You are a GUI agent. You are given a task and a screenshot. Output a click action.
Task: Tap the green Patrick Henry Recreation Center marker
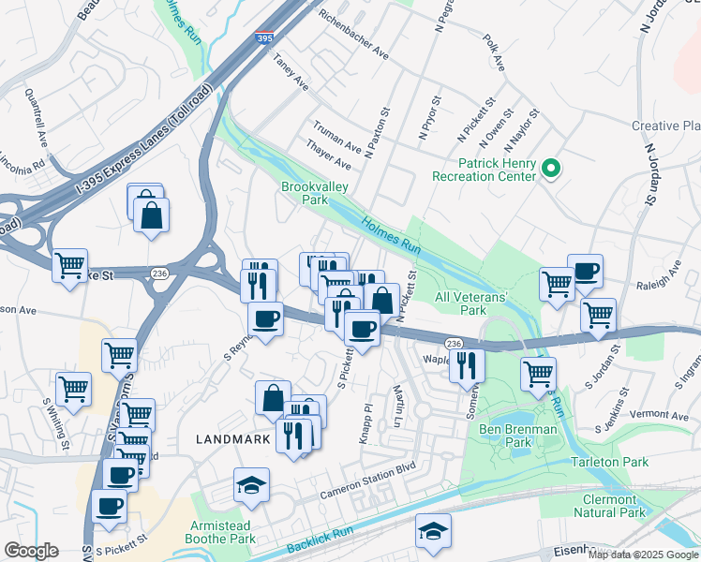point(551,170)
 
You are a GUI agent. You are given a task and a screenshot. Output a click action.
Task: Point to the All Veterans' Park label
point(472,303)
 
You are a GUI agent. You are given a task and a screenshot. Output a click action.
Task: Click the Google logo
point(31,551)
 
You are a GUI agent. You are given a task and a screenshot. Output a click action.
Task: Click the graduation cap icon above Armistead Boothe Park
point(251,485)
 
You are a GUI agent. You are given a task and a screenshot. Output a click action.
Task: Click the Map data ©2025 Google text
point(642,554)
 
